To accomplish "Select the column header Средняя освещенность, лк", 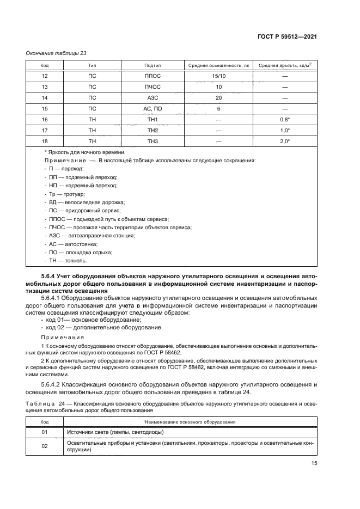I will pos(218,65).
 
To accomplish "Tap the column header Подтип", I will pos(152,65).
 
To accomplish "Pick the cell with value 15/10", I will pos(218,76).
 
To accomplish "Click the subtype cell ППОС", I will pos(152,76).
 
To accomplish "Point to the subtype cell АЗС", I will pos(152,97).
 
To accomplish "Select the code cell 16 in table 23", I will pos(45,119).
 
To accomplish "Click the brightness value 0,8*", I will pos(285,119).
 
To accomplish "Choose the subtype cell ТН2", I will pos(152,130).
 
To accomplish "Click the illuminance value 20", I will pos(218,97).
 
